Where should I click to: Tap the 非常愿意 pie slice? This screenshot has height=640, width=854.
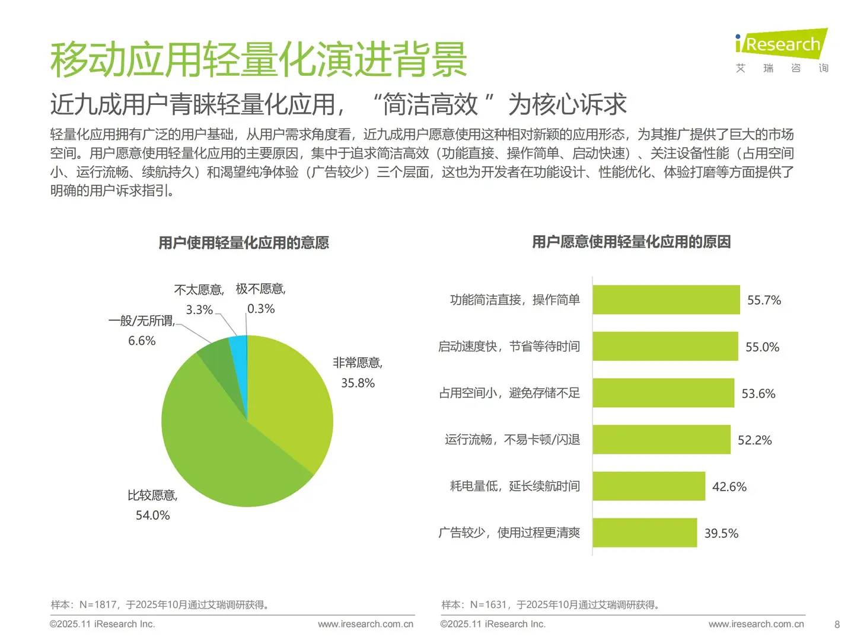point(291,403)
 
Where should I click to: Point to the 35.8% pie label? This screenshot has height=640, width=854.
point(358,383)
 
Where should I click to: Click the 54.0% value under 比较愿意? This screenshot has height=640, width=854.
point(152,515)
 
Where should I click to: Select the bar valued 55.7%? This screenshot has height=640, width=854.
point(666,300)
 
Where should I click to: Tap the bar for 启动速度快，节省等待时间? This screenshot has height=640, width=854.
point(665,346)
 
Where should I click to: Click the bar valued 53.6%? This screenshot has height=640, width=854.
point(663,393)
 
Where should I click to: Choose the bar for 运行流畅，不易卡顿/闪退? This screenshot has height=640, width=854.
point(661,440)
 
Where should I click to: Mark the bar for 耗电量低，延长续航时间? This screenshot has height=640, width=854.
point(649,486)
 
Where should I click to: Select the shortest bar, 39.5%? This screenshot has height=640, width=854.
point(645,533)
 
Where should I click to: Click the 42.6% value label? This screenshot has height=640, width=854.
point(729,487)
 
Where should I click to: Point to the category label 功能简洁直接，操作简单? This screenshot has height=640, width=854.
point(514,300)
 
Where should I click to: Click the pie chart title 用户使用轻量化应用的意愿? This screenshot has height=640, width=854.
point(243,243)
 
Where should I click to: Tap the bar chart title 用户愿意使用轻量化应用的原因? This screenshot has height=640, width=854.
point(631,242)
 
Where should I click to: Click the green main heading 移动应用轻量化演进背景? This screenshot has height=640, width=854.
point(259,60)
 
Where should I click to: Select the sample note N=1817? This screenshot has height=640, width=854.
point(160,604)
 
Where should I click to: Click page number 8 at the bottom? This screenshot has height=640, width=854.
point(837,624)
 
